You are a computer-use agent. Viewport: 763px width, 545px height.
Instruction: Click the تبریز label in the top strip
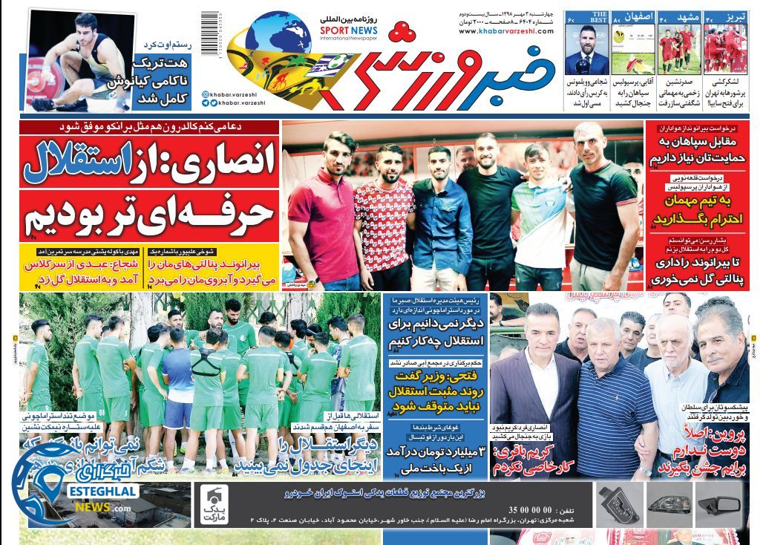pyautogui.click(x=733, y=16)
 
